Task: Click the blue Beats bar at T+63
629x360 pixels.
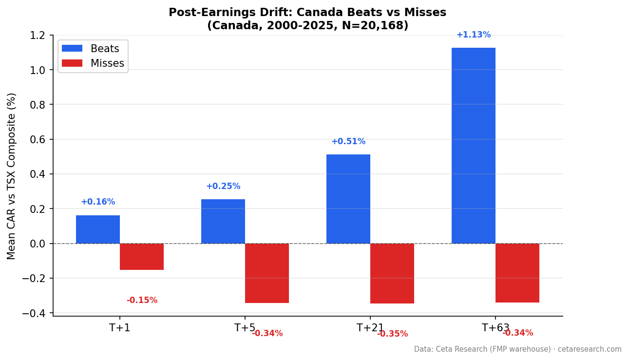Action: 473,146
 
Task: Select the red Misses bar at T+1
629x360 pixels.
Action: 142,257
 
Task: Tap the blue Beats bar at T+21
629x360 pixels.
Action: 348,199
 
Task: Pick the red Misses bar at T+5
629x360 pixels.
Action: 267,273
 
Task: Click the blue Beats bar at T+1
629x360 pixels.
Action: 98,229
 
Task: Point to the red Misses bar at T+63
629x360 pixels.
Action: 517,273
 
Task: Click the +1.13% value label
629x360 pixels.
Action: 473,35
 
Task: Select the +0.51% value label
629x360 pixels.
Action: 348,142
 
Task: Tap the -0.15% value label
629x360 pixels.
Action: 142,301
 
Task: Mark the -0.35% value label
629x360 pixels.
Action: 392,334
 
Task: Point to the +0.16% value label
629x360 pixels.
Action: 98,202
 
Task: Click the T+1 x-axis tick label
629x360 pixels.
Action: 120,328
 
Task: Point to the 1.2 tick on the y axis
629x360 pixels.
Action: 37,36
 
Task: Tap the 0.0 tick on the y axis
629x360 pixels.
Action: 37,244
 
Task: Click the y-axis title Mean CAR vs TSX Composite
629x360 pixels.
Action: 12,176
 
